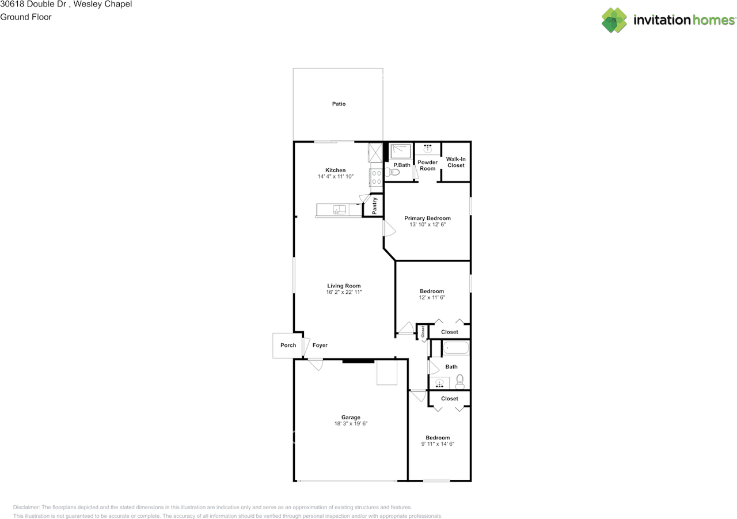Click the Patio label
[339, 104]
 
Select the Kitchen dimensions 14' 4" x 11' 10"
[336, 177]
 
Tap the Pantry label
[375, 206]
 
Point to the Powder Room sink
[427, 149]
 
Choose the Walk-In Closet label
[455, 162]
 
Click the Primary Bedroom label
[427, 218]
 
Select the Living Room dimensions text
[344, 293]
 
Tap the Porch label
[288, 346]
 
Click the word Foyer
[320, 346]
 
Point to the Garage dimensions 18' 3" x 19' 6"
[351, 423]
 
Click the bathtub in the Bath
[456, 348]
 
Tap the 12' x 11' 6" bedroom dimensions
[432, 298]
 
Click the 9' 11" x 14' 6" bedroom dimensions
[438, 444]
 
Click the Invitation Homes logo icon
[614, 20]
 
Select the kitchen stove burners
[376, 178]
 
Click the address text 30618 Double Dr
[32, 5]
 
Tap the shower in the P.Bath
[400, 151]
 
